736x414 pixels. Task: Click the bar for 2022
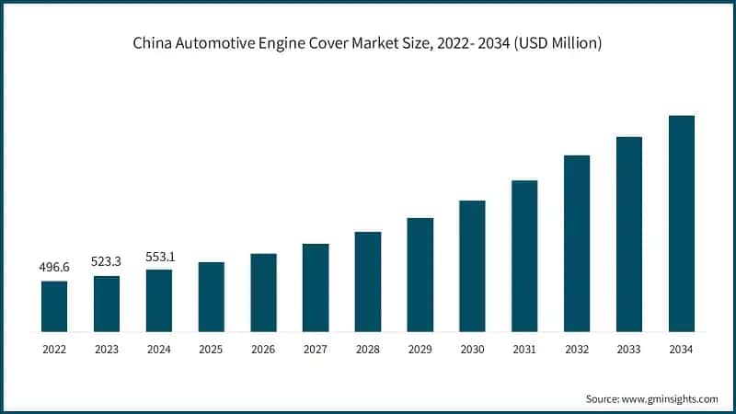(54, 305)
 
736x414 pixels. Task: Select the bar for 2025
(211, 296)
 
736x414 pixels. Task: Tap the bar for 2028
(368, 281)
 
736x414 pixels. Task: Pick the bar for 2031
(524, 255)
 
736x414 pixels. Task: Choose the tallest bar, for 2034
(681, 223)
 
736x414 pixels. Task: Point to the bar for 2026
(263, 292)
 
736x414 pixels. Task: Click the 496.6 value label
(54, 268)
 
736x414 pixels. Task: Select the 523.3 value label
(107, 262)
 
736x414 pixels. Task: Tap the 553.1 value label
(159, 257)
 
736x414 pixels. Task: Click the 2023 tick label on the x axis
(107, 350)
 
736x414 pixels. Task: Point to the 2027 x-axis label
(316, 350)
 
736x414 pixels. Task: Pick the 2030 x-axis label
(472, 350)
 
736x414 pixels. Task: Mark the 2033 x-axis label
(628, 350)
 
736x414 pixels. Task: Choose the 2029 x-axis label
(420, 350)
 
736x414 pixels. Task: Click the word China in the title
(153, 43)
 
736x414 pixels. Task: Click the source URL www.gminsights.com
(670, 398)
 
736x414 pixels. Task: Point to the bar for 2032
(577, 243)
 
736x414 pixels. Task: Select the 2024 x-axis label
(159, 350)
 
